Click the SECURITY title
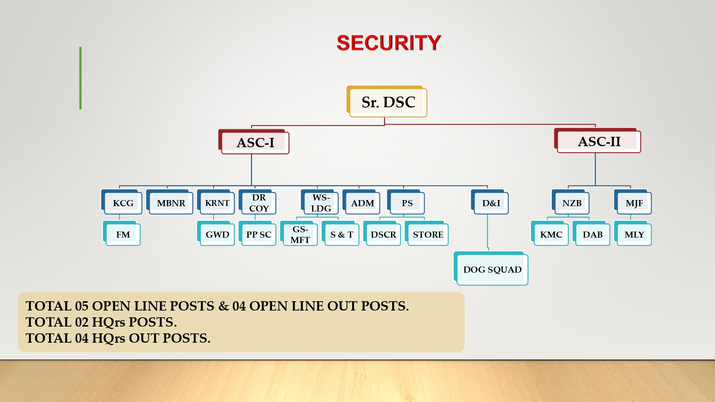(389, 43)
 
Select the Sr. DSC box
(387, 101)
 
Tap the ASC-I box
(254, 142)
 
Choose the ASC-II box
(597, 140)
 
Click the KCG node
(122, 202)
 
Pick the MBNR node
(169, 202)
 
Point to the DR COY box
(257, 202)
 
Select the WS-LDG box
(320, 202)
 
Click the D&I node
(490, 202)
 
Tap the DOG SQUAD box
(491, 268)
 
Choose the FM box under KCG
(122, 233)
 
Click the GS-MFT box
(299, 233)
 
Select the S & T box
(340, 233)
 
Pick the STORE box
(426, 233)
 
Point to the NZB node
(571, 202)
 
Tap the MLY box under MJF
(633, 233)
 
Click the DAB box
(591, 233)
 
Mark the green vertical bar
(80, 78)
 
